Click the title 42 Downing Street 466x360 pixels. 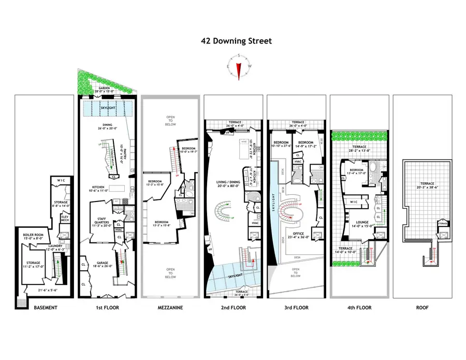point(236,41)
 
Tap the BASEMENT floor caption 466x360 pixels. point(45,308)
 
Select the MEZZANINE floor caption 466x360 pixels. point(170,308)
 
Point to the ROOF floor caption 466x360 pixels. point(423,308)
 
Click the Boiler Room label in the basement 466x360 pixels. point(32,236)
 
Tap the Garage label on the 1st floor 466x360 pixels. point(103,265)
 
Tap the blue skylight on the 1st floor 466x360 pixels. point(108,109)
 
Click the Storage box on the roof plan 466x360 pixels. point(442,223)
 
